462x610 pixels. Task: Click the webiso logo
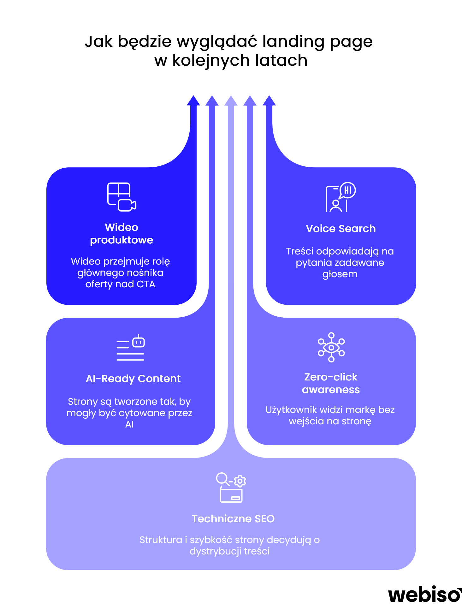424,595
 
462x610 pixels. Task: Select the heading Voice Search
341,229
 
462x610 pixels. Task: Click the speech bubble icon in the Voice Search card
347,190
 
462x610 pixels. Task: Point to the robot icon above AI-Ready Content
139,342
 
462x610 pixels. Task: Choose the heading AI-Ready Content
133,379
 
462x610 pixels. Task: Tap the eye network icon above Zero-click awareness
331,347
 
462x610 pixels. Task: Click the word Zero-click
331,377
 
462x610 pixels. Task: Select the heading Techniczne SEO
233,519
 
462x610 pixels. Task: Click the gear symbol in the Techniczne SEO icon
240,481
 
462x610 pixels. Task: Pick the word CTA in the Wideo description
146,284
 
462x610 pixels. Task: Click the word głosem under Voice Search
340,274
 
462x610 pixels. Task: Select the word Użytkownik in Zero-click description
291,410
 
